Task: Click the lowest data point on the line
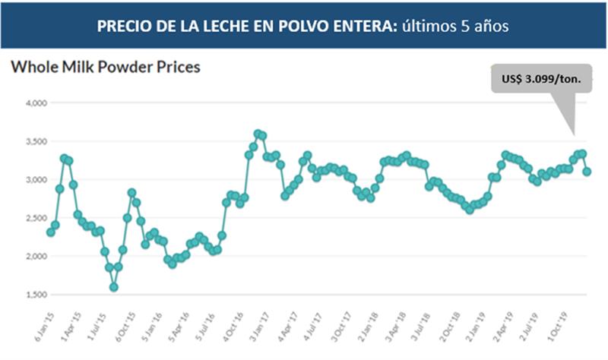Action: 114,287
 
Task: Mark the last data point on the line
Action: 587,172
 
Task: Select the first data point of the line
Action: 50,232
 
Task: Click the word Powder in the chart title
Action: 126,67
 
